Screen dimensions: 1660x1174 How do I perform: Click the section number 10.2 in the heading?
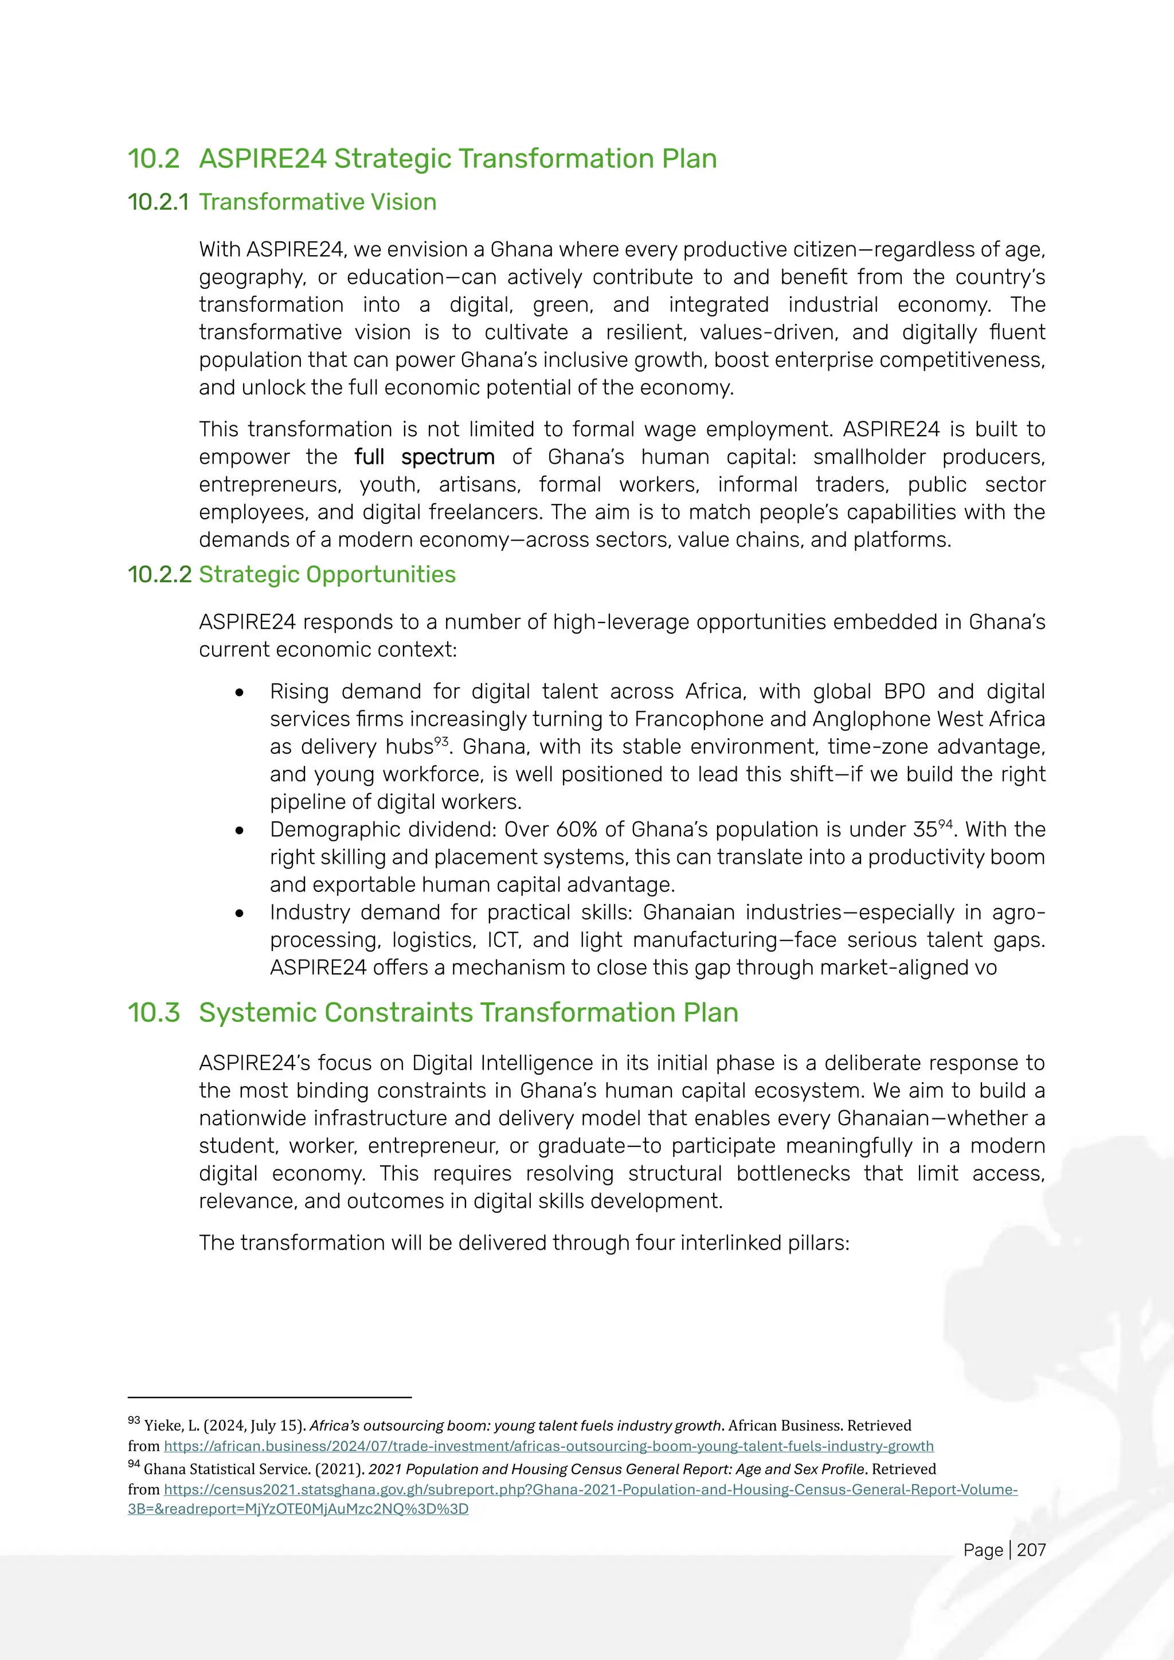pos(153,159)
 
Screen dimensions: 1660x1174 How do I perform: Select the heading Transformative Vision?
pos(318,202)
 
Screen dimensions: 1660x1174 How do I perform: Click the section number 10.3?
pos(153,1012)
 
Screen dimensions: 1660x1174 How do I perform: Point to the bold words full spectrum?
pos(424,457)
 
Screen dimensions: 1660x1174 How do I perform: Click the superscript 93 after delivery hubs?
pos(441,741)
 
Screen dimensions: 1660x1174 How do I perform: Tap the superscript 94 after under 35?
pos(945,824)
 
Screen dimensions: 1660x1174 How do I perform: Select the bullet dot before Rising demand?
pos(239,692)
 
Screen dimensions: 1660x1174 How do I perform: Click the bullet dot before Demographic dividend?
pos(239,831)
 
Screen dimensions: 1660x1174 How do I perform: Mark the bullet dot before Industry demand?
pos(239,913)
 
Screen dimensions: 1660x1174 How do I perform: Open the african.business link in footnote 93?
pos(549,1446)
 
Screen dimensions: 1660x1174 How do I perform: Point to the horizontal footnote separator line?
pos(269,1397)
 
